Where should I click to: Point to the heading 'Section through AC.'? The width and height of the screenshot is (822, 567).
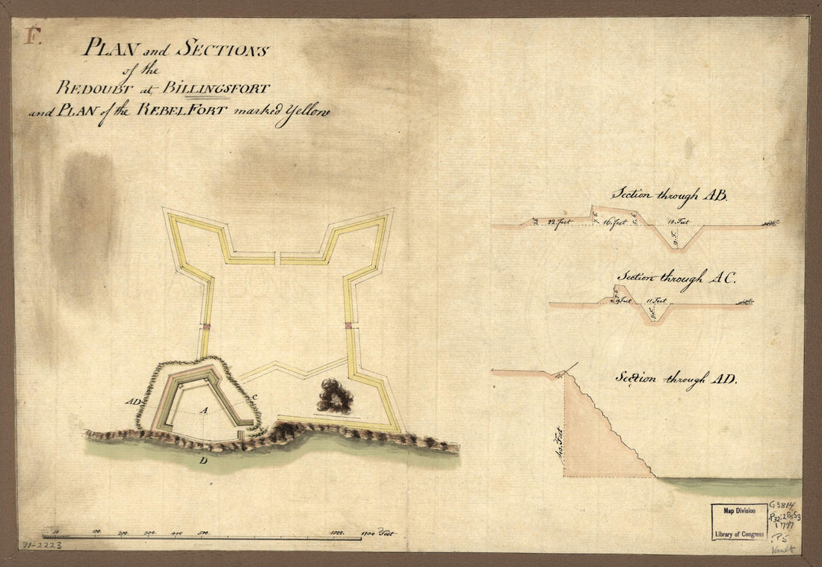[675, 278]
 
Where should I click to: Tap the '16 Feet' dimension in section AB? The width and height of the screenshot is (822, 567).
[614, 223]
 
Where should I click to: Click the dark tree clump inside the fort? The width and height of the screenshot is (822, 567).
[335, 396]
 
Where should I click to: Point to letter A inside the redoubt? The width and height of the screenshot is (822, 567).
[203, 410]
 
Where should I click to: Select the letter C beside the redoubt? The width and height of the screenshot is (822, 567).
[255, 396]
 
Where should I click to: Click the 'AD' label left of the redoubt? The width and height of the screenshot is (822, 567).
[135, 401]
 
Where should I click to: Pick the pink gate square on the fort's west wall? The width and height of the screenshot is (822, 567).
[204, 326]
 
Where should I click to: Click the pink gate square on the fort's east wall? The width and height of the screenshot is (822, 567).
[349, 325]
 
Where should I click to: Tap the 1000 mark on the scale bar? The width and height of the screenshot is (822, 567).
[337, 533]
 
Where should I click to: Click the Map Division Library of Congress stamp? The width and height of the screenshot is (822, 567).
[738, 521]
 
